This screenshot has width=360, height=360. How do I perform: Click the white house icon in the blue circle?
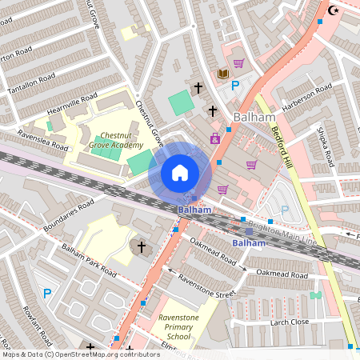pyautogui.click(x=180, y=172)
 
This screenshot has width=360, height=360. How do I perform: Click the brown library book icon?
pyautogui.click(x=222, y=74)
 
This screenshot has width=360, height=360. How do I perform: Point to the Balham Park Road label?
pyautogui.click(x=89, y=261)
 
